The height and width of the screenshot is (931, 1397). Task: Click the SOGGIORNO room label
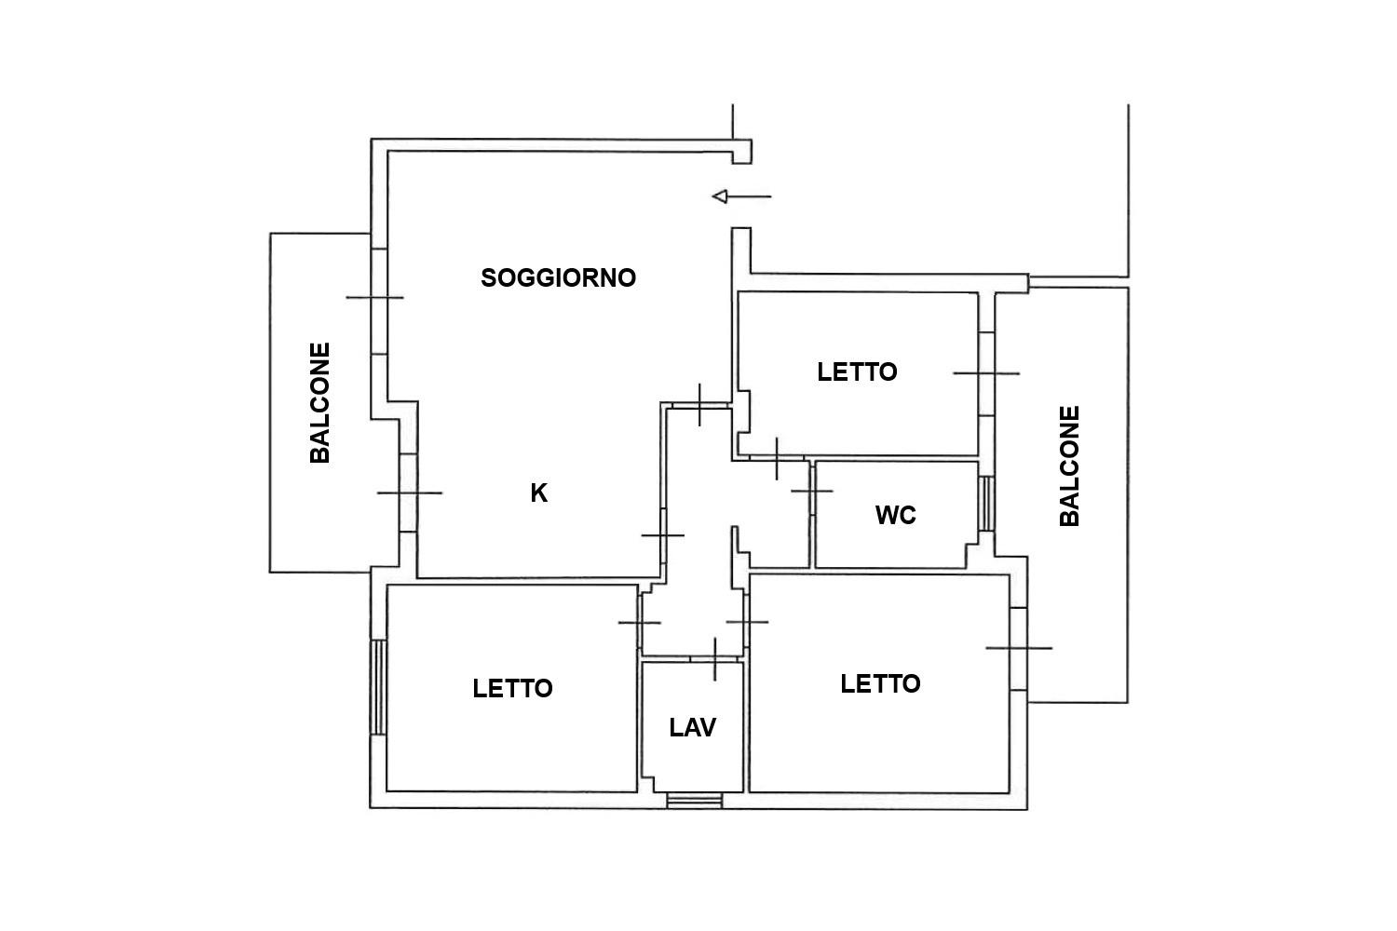coord(558,278)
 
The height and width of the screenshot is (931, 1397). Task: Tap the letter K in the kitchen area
coord(539,493)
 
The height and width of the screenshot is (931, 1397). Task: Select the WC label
coord(896,515)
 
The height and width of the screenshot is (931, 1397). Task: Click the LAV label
coord(692,728)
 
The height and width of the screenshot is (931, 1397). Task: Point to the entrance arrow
coord(741,196)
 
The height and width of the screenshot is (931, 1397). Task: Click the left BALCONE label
coord(320,403)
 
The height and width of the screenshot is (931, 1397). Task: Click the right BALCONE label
coord(1069,466)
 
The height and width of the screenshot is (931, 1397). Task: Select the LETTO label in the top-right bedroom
coord(857,372)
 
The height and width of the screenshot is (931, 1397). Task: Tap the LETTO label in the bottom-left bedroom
coord(512,688)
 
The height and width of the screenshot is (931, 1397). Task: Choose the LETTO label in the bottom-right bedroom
coord(880,684)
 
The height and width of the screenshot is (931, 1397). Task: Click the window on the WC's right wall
coord(986,504)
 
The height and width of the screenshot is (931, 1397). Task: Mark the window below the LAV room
coord(694,801)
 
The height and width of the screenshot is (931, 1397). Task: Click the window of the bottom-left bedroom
coord(378,687)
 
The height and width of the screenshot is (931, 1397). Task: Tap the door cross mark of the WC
coord(812,492)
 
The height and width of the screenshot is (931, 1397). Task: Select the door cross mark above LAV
coord(715,659)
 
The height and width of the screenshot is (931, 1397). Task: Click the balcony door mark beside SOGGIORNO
coord(374,297)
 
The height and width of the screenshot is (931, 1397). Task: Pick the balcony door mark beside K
coord(410,492)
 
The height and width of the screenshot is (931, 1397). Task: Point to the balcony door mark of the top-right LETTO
coord(986,373)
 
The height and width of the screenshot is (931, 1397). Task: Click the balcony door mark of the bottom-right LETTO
coord(1019,649)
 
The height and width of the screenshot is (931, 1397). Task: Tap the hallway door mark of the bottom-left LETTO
coord(639,622)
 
